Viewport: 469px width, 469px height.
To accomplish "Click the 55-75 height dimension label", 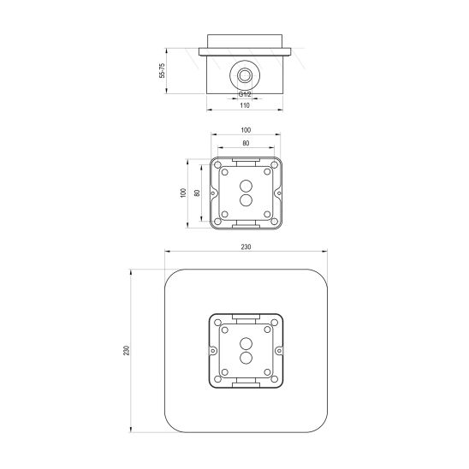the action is (x=162, y=70).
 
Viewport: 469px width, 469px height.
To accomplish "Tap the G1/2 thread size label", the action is (x=245, y=94).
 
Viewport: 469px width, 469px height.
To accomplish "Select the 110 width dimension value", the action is (x=245, y=105).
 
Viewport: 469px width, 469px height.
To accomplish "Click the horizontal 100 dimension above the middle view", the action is (x=246, y=130).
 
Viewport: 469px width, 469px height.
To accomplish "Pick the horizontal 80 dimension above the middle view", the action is (x=246, y=143).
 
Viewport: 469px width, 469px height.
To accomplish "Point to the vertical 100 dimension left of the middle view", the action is (x=183, y=193).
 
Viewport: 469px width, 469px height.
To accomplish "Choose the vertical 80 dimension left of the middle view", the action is (x=197, y=193).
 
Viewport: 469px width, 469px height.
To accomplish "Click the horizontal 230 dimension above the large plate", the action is (x=246, y=247).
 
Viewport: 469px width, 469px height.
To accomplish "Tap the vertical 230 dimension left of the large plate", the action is (x=127, y=351).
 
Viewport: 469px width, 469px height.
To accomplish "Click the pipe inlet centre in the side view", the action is (x=245, y=75).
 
